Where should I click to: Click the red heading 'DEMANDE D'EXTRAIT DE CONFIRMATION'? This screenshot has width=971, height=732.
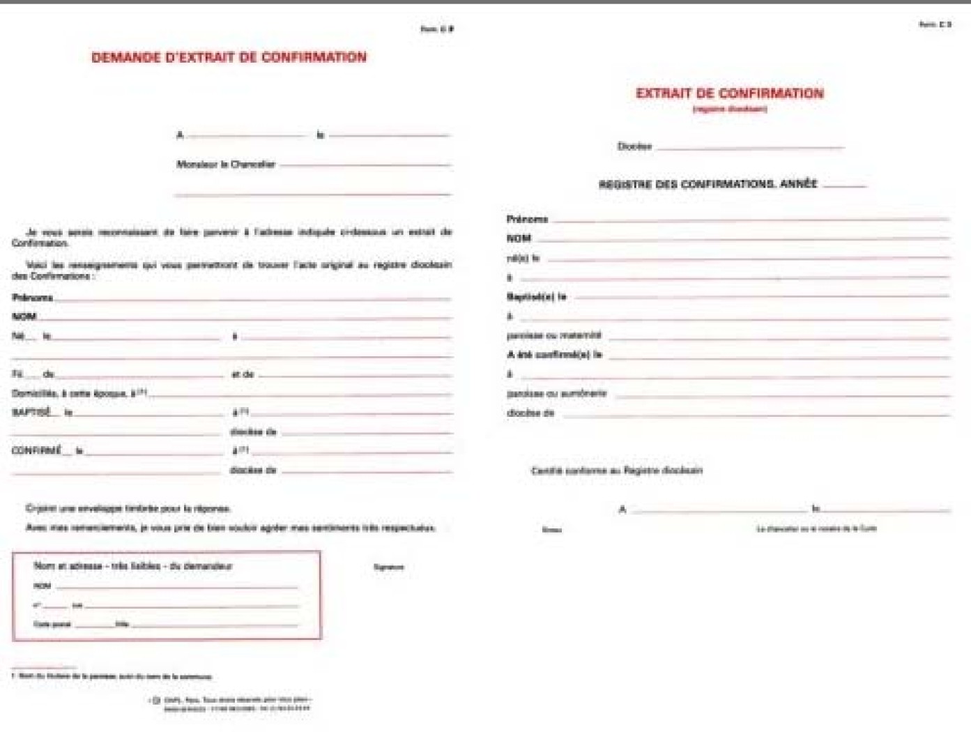click(229, 57)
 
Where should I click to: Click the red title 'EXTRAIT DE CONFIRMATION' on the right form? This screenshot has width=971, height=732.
click(729, 93)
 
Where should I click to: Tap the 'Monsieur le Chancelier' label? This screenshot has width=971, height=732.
click(226, 165)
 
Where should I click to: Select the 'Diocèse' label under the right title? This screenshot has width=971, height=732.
click(634, 146)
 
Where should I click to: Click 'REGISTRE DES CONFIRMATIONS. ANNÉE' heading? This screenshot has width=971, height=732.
click(708, 184)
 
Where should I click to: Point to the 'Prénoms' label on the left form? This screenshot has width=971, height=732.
click(33, 298)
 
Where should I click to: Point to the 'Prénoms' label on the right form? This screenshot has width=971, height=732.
click(527, 219)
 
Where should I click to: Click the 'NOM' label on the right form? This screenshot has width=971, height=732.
click(519, 238)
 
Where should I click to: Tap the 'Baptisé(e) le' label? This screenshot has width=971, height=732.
click(536, 297)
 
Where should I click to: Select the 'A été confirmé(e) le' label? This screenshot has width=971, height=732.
click(554, 355)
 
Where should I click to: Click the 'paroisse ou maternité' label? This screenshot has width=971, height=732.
click(553, 335)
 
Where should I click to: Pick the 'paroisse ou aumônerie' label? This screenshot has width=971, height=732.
click(556, 394)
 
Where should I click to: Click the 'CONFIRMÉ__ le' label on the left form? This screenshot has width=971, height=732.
click(47, 451)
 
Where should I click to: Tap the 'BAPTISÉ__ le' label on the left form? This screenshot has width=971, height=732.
click(42, 413)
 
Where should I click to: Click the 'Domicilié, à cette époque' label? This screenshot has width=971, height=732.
click(78, 394)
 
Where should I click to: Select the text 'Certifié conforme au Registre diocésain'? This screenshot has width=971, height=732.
click(616, 471)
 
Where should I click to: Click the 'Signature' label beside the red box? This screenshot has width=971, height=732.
click(388, 567)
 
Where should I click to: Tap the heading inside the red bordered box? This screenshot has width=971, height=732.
click(132, 566)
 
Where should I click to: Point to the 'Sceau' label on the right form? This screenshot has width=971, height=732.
click(551, 530)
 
